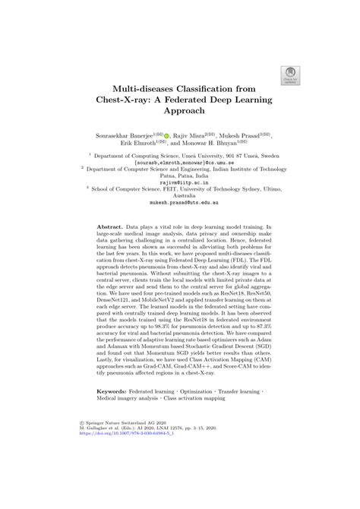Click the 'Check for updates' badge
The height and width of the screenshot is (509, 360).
289,73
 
